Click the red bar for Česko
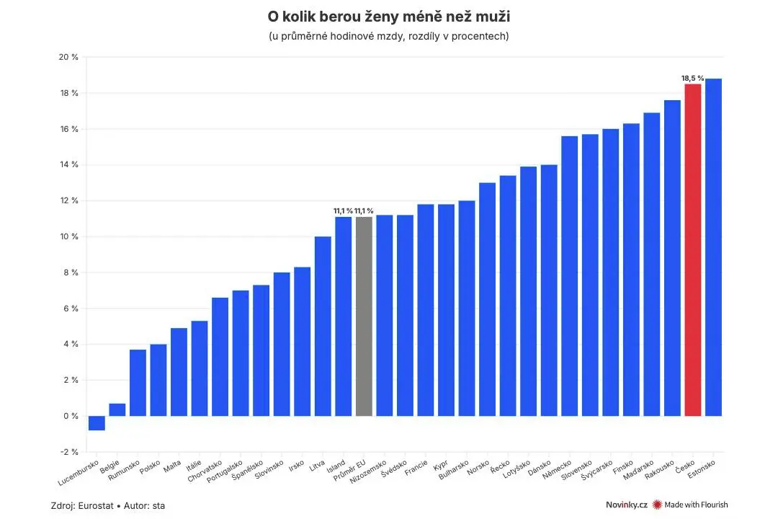click(x=693, y=250)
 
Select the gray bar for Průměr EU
click(x=364, y=316)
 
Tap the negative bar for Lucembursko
click(x=97, y=423)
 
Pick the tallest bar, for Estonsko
click(x=713, y=247)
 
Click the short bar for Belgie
click(x=117, y=409)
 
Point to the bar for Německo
click(x=570, y=276)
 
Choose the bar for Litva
click(x=323, y=327)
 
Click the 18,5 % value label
click(x=693, y=79)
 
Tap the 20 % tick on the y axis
click(x=68, y=57)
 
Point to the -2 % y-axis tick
click(x=69, y=452)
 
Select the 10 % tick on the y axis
click(x=69, y=236)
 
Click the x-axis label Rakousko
click(x=659, y=470)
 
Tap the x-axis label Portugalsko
click(x=224, y=471)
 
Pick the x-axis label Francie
click(x=416, y=468)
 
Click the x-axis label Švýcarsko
click(x=597, y=470)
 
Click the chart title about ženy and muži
click(x=389, y=17)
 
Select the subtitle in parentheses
click(x=389, y=36)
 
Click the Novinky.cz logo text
click(x=626, y=505)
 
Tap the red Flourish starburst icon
click(x=658, y=505)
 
